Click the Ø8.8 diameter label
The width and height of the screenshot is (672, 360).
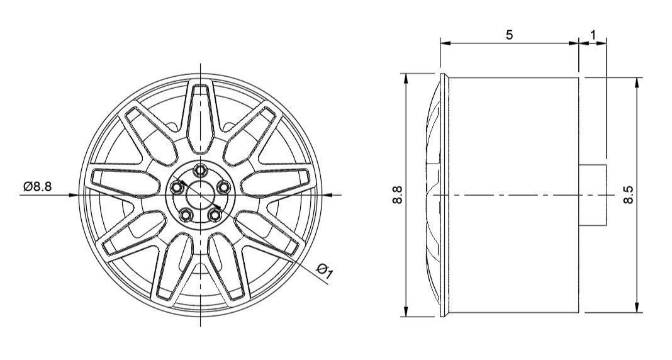click(38, 187)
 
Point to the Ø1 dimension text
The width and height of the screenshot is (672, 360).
click(325, 271)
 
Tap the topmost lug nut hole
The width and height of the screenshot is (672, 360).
click(201, 170)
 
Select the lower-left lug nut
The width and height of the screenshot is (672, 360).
click(186, 215)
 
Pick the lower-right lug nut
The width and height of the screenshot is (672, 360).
click(215, 215)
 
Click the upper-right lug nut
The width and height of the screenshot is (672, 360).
click(225, 187)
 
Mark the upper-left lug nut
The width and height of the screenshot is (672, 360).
click(177, 187)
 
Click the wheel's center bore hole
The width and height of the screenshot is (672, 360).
click(201, 195)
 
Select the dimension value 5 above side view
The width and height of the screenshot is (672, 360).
click(509, 35)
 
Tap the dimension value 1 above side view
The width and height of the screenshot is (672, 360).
click(593, 35)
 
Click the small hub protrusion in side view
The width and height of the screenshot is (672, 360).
click(592, 195)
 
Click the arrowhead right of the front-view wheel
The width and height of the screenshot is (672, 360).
click(327, 195)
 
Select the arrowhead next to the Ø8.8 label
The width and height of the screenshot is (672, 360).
click(74, 195)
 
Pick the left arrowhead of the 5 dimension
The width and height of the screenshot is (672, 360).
click(444, 43)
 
